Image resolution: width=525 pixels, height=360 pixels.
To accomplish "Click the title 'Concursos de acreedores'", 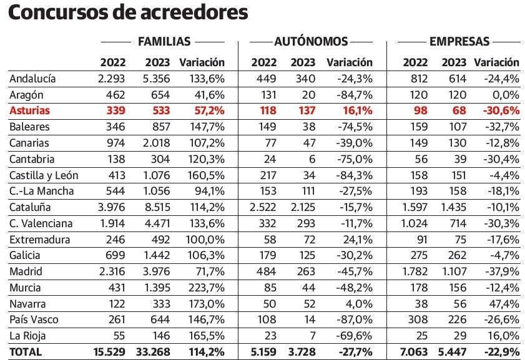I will [128, 13].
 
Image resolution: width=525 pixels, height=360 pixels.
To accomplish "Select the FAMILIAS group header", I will [164, 42].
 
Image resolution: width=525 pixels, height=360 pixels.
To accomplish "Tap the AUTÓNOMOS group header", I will [311, 42].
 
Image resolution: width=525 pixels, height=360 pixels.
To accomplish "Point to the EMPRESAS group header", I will [459, 42].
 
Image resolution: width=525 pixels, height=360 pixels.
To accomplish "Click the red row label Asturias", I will [29, 110].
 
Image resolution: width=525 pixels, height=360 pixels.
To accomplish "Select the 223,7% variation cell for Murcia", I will [206, 288].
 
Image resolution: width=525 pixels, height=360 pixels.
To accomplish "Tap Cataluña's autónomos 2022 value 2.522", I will [264, 207].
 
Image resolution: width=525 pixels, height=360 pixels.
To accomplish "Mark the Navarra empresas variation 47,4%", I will [504, 304].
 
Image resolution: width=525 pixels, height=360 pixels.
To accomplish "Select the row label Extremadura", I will [39, 240].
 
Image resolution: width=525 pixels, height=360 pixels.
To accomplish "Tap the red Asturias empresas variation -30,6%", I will [501, 110].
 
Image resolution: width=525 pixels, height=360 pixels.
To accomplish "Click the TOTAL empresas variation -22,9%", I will [501, 352].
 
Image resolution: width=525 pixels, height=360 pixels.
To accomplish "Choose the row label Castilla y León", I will [44, 175].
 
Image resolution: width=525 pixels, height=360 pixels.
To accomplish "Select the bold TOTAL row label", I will [26, 352].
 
